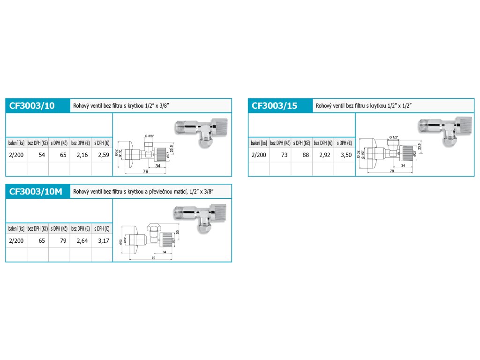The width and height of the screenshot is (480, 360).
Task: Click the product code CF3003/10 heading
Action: (32, 106)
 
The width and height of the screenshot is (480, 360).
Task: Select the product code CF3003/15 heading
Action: (275, 106)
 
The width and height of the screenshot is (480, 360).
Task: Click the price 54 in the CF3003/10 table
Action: (41, 155)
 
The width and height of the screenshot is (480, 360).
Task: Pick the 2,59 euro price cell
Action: (103, 155)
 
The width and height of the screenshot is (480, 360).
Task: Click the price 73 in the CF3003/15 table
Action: (284, 155)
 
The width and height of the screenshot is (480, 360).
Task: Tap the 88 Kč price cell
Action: (305, 155)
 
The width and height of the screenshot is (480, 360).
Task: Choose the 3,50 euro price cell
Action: (345, 155)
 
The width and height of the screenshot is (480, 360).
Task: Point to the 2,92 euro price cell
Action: (324, 155)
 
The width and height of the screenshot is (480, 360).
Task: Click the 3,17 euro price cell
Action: (103, 240)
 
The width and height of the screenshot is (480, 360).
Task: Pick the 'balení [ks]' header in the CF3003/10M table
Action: (16, 229)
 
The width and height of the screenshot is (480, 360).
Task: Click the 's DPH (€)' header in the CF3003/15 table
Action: (345, 143)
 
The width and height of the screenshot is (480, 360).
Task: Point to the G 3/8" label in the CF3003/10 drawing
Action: (149, 135)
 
